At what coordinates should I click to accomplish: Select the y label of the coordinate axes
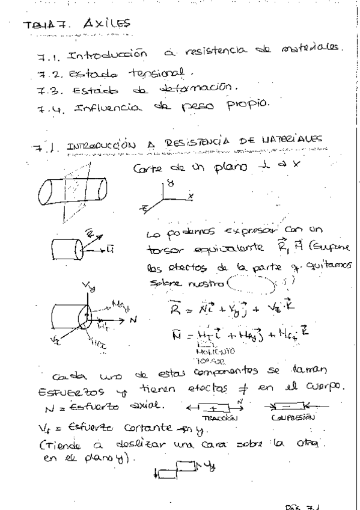[171, 179]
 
